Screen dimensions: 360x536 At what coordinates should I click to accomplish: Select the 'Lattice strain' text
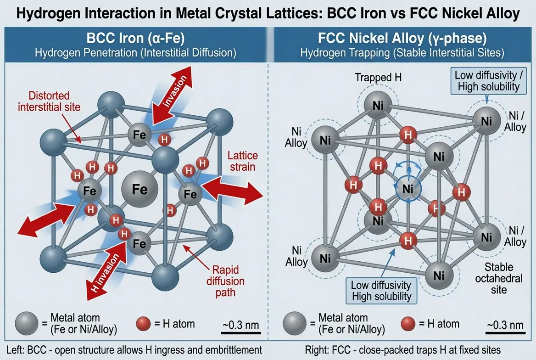240,161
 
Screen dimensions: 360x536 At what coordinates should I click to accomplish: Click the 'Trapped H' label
378,78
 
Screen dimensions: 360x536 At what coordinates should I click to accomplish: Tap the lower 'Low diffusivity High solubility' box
381,290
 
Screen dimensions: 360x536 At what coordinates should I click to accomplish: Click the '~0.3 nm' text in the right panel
504,325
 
